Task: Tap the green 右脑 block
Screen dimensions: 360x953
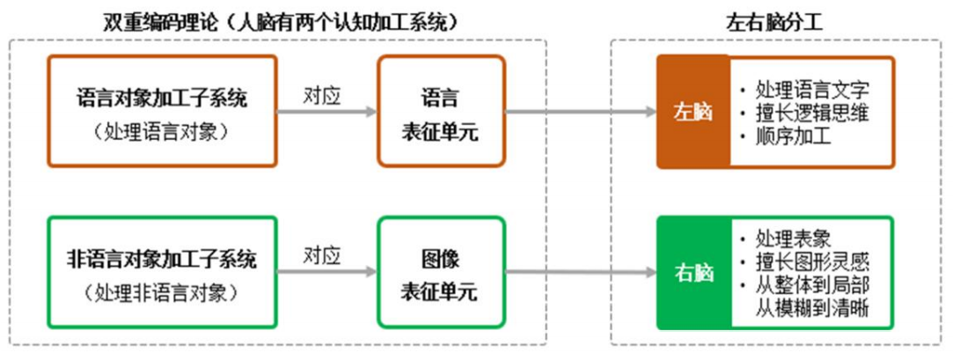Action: pyautogui.click(x=693, y=272)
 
